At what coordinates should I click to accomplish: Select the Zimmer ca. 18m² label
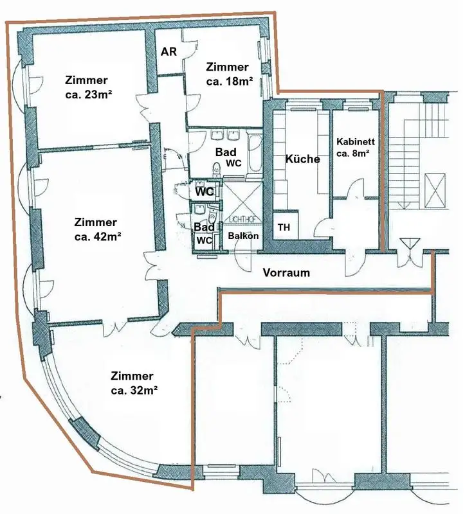(x=227, y=74)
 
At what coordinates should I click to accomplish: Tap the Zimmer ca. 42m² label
(x=96, y=229)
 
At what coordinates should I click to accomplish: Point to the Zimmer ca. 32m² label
(x=132, y=383)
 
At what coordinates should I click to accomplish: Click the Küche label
(x=302, y=159)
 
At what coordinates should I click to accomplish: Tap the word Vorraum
(x=286, y=272)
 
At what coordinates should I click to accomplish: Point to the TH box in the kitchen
(x=284, y=227)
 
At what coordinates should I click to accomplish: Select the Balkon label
(x=243, y=236)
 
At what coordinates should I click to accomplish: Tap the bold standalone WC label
(x=205, y=191)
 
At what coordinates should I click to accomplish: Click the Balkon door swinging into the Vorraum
(x=244, y=256)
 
